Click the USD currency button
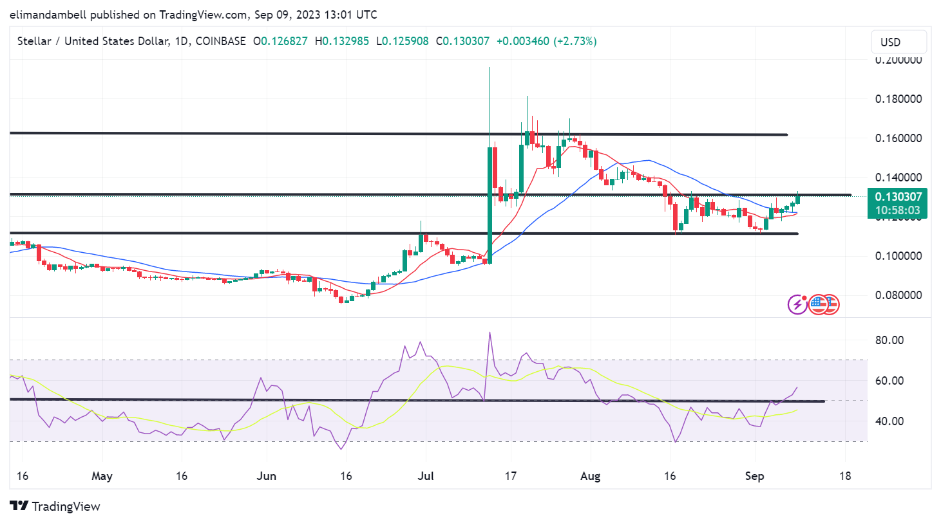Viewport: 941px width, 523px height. click(x=898, y=42)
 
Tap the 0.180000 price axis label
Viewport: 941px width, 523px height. click(x=898, y=99)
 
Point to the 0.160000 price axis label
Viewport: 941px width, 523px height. click(x=898, y=138)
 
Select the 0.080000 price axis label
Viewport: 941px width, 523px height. click(x=898, y=295)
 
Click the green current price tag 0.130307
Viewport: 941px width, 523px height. click(x=897, y=197)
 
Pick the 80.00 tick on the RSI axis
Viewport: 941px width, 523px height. click(x=889, y=340)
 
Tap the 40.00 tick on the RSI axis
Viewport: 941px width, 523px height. click(x=889, y=421)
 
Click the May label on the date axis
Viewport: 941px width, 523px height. click(x=102, y=476)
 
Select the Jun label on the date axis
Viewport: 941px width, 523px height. click(x=266, y=476)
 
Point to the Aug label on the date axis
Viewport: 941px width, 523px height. click(x=590, y=476)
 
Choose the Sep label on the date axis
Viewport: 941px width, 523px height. click(x=754, y=476)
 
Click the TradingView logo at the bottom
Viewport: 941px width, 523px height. click(x=55, y=506)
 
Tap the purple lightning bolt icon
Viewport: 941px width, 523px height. click(x=797, y=304)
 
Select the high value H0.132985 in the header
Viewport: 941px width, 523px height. click(x=342, y=41)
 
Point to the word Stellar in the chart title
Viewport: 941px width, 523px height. click(x=34, y=41)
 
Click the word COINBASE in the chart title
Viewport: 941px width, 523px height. click(x=221, y=41)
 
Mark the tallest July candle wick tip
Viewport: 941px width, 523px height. click(x=490, y=68)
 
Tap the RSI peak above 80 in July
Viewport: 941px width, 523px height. click(x=490, y=333)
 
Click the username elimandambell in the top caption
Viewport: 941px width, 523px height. click(x=48, y=14)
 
